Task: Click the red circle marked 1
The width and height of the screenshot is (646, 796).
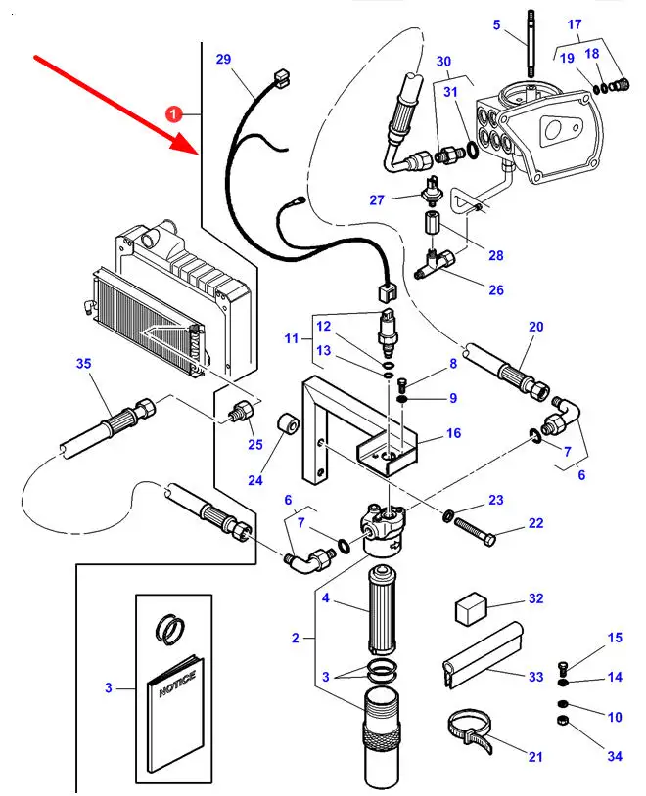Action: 174,114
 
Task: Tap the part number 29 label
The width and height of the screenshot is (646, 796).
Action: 223,60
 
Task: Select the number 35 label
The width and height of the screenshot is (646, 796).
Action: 84,365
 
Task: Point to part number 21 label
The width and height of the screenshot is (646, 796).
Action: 534,756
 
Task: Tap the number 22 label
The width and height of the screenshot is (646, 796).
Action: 535,523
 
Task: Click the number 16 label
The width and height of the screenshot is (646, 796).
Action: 453,433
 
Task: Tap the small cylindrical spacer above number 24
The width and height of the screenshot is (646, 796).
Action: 288,428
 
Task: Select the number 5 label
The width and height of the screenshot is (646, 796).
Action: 495,24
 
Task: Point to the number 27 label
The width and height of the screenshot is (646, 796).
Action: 378,200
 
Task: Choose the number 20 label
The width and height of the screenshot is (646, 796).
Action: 535,327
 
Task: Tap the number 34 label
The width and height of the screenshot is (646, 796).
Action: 614,756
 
